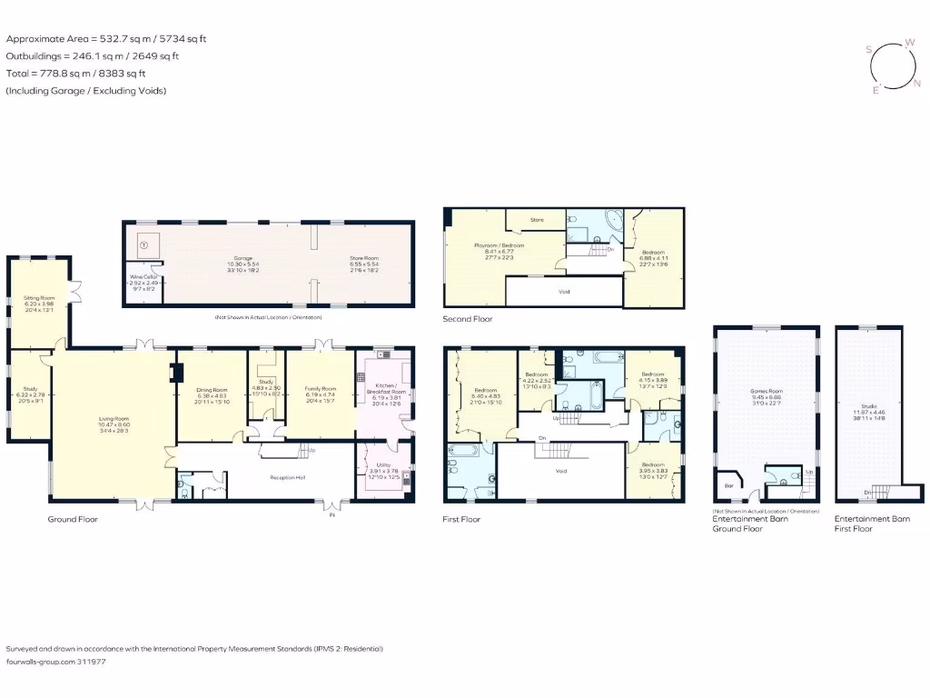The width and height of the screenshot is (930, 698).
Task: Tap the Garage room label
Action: click(x=243, y=258)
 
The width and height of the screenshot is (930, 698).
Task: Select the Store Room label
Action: click(x=364, y=258)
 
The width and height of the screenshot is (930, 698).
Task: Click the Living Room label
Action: click(x=114, y=419)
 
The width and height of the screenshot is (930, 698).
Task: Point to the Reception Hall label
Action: click(x=286, y=476)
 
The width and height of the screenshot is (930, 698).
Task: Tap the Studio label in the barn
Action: click(x=869, y=406)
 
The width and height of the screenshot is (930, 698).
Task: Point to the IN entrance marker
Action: click(x=331, y=514)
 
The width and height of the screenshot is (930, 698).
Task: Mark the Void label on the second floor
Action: click(x=564, y=292)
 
